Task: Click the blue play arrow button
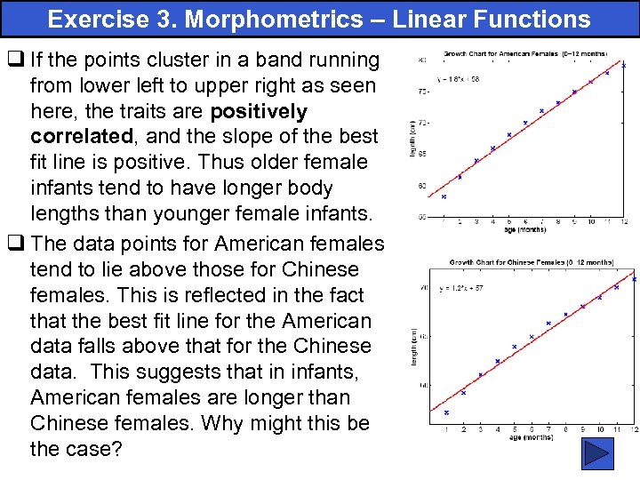tap(597, 454)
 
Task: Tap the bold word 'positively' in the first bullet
tap(258, 111)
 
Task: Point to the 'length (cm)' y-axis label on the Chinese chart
tap(415, 356)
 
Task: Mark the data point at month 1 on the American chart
tap(444, 196)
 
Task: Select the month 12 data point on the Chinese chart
tap(634, 279)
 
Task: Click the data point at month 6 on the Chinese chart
tap(532, 337)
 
